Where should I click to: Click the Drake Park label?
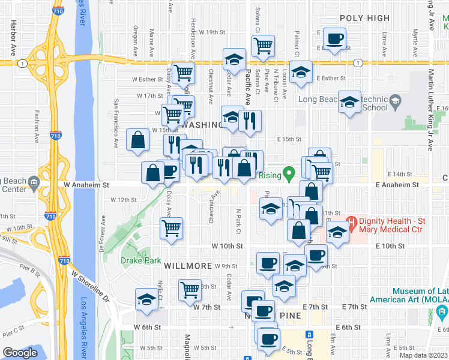coord(139,260)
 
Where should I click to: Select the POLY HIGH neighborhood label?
coord(364,18)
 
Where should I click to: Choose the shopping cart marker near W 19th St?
coord(263,46)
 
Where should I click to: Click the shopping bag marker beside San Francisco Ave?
coord(138,140)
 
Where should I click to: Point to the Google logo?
coord(20,353)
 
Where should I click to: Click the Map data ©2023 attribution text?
coord(423,355)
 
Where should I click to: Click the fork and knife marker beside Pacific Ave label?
coord(250,121)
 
